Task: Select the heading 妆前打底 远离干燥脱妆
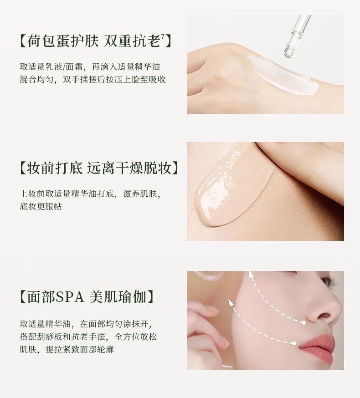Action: coord(99,168)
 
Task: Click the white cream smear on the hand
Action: coord(283,76)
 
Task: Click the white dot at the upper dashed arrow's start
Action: coord(304,322)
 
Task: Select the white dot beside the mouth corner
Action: coord(294,343)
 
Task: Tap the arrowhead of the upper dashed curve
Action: coord(252,275)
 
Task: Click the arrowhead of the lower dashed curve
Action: coord(231,302)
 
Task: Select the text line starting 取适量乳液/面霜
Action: coord(90,67)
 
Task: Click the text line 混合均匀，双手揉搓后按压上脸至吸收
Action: coord(93,79)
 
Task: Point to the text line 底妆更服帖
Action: coord(41,206)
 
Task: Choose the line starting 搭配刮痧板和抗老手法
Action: coord(88,337)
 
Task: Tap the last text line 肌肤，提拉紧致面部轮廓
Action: coord(67,349)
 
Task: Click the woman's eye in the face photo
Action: coord(326,281)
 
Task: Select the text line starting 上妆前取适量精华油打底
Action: coord(90,194)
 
